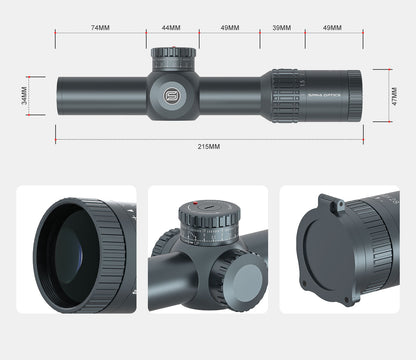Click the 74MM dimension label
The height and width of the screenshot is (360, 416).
click(99, 28)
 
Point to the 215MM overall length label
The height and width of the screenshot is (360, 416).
click(207, 147)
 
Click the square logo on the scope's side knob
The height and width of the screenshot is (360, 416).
click(171, 97)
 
